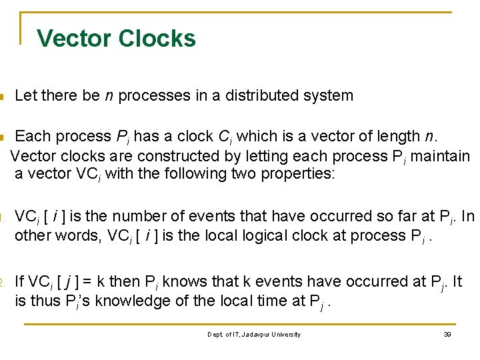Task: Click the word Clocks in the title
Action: click(158, 38)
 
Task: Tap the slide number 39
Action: click(447, 334)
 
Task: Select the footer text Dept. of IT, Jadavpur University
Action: click(254, 334)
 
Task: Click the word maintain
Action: click(443, 156)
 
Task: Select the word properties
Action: click(304, 174)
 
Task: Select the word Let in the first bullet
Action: click(25, 95)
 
